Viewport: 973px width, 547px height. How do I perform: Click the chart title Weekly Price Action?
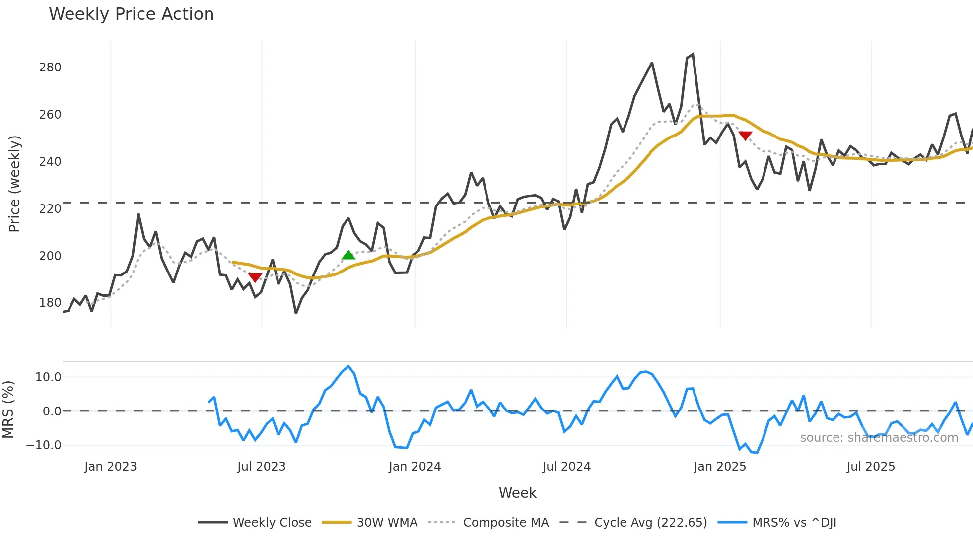131,14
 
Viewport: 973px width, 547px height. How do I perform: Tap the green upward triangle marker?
348,255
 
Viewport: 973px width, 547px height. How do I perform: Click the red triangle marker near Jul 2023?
255,277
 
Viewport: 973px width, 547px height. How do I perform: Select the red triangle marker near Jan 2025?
745,136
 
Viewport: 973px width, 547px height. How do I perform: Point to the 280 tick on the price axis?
50,68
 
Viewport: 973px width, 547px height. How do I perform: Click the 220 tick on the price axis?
50,209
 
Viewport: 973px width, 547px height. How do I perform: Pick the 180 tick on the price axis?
50,303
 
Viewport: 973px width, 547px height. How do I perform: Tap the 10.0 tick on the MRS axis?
48,377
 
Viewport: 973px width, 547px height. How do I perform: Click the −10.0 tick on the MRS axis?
44,445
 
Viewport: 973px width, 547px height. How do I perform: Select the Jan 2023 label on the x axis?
110,467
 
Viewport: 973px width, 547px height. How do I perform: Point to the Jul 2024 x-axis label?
566,467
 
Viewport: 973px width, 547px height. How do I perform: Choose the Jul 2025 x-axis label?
871,467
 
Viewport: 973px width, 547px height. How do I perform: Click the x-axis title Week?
517,493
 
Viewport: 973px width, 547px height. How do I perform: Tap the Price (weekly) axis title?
14,184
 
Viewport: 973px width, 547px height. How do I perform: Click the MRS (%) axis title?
8,410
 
